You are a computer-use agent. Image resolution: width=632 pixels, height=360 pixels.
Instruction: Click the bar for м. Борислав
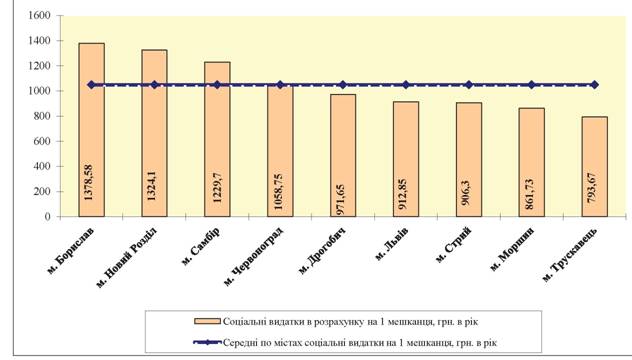tap(91, 130)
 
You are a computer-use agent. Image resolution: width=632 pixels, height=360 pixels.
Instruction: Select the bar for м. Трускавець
tap(595, 166)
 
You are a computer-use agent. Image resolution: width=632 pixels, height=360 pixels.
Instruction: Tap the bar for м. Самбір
tap(217, 139)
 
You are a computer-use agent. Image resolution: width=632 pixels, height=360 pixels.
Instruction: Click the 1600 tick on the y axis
tap(40, 16)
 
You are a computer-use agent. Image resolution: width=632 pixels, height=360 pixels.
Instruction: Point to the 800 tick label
tap(42, 116)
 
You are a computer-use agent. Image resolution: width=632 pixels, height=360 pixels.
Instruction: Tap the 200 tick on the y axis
tap(42, 191)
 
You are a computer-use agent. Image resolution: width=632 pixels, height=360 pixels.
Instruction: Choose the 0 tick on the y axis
tap(48, 217)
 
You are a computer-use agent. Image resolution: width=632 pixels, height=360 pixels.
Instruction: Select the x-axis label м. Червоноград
tap(253, 256)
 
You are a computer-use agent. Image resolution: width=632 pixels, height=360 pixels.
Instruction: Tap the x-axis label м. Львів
tap(391, 244)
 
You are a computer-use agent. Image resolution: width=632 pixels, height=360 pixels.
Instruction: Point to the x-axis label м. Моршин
tap(512, 249)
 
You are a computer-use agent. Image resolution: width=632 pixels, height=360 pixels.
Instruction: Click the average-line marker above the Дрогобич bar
tap(343, 85)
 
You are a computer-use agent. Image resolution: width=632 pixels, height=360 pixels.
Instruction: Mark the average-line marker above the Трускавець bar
tap(595, 85)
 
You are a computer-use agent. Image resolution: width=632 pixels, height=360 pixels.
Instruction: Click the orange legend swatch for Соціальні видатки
tap(207, 321)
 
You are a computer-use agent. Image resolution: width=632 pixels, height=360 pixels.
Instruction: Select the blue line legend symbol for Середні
tap(207, 342)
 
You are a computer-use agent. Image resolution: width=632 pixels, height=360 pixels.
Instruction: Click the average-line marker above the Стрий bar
tap(469, 85)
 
